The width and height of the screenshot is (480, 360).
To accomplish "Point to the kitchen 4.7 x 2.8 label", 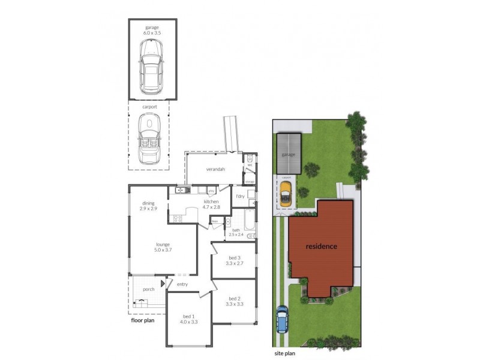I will [x=212, y=204].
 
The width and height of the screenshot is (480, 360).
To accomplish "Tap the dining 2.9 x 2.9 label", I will [x=148, y=206].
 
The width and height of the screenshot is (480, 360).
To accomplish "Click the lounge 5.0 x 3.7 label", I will [x=163, y=247].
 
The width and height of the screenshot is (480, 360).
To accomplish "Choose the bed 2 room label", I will [x=235, y=301].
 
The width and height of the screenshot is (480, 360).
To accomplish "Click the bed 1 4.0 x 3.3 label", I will [x=189, y=319].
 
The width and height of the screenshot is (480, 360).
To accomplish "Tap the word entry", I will [x=182, y=284].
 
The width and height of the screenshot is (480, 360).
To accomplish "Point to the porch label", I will [x=148, y=289].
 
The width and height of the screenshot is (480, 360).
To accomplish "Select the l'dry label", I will [x=240, y=196].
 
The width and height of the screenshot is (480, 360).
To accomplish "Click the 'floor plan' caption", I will [x=143, y=320].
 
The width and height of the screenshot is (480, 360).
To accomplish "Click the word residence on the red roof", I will [x=321, y=247].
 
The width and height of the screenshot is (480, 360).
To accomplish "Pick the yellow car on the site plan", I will [x=286, y=193].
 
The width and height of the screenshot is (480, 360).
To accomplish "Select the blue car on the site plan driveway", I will [x=282, y=319].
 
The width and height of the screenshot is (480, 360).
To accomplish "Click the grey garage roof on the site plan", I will [x=289, y=153].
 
